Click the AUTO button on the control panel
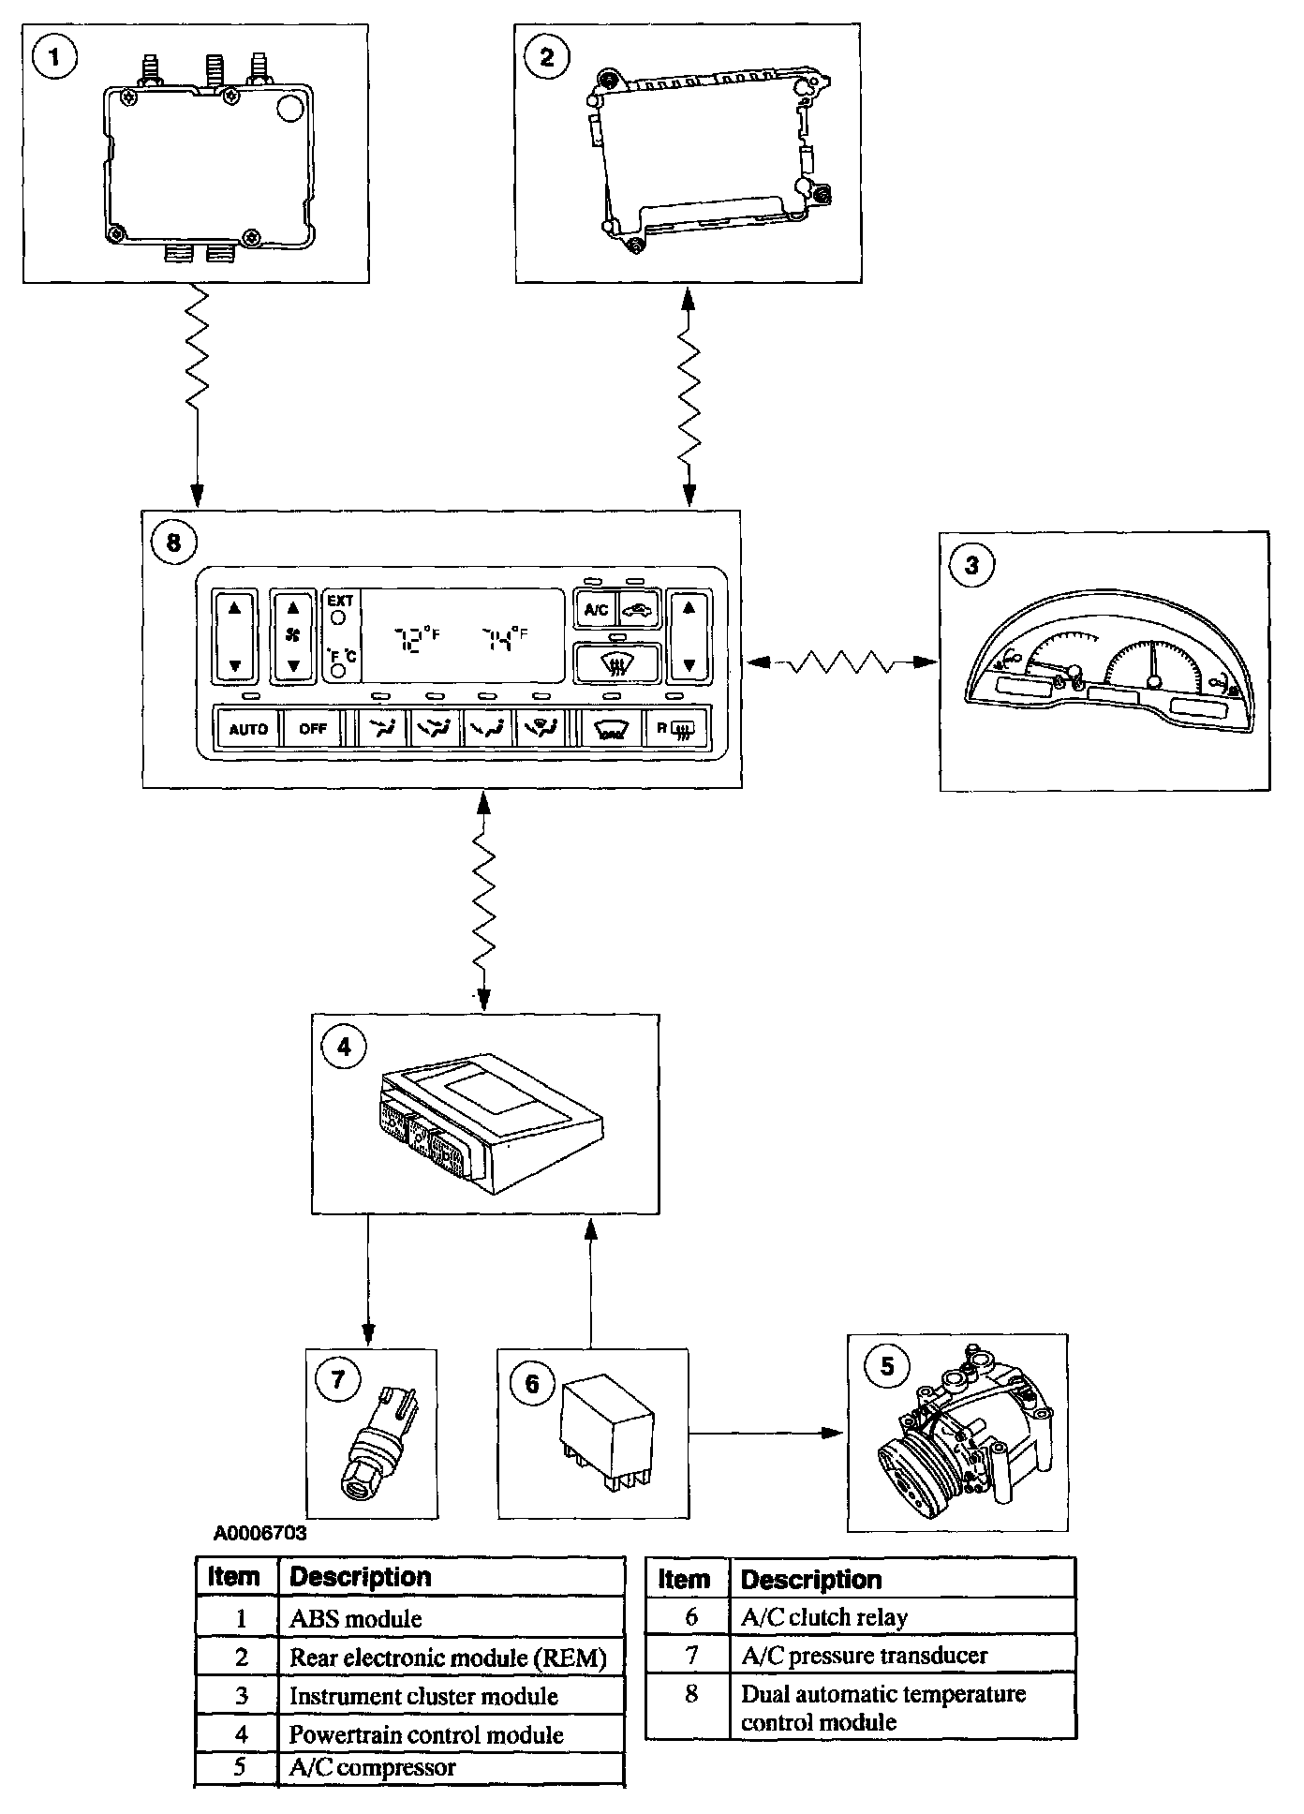click(x=248, y=728)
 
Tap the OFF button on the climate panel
click(x=313, y=728)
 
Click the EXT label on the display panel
click(x=340, y=601)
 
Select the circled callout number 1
click(x=54, y=58)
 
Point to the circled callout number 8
click(x=173, y=543)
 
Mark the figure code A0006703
click(x=259, y=1534)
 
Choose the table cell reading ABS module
click(x=356, y=1618)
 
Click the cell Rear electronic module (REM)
click(x=448, y=1658)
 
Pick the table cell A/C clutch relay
click(x=824, y=1617)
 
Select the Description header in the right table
click(x=811, y=1580)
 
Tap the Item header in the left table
click(x=233, y=1577)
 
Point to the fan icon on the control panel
click(x=293, y=636)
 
